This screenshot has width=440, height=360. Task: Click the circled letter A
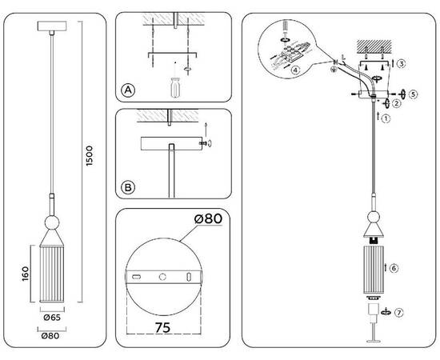tap(128, 90)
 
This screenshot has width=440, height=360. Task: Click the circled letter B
tap(128, 189)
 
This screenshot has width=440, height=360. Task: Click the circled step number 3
tap(402, 62)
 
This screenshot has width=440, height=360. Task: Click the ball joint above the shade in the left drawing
tap(51, 221)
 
